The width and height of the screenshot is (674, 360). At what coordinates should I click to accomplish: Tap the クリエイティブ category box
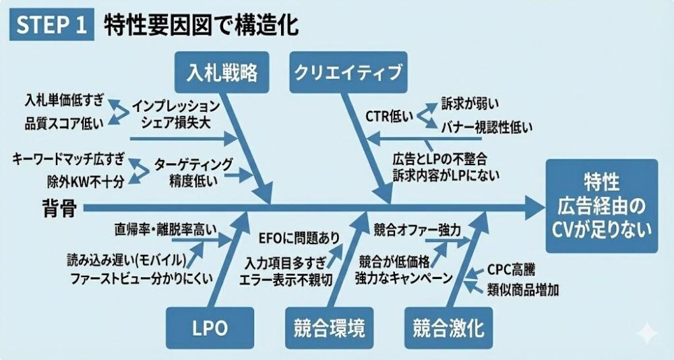348,72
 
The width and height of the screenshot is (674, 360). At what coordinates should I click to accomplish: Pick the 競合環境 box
330,328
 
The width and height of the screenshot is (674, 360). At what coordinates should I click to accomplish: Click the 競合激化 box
448,328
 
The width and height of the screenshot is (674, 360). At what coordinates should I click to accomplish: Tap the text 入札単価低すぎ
65,101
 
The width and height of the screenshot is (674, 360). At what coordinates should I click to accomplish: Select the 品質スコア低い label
65,123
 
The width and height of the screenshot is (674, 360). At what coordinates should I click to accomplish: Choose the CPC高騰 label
512,270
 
